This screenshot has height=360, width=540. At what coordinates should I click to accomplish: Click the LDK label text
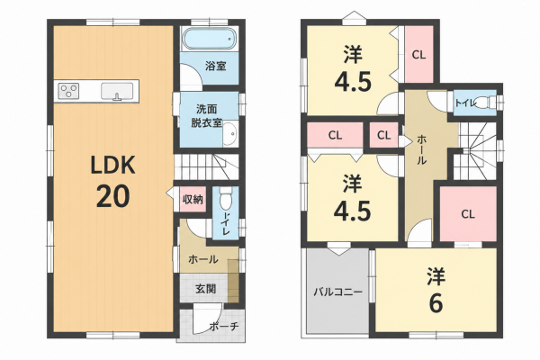tap(112, 165)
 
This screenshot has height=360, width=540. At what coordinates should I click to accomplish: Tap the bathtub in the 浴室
tap(210, 39)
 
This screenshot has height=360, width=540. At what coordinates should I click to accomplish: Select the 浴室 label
tap(216, 66)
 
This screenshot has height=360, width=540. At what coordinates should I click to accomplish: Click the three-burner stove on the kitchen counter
tap(68, 91)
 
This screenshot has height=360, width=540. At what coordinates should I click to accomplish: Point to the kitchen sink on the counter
tap(117, 91)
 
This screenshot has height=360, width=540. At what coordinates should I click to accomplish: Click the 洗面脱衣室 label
tap(206, 116)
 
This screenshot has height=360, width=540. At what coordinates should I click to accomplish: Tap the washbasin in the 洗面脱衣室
tap(229, 133)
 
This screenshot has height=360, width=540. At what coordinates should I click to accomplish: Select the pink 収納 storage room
tap(193, 199)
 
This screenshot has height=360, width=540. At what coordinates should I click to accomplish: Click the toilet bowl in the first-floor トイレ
tap(226, 199)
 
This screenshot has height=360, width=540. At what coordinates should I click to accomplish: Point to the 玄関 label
tap(206, 289)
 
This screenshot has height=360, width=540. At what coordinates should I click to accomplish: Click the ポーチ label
tap(223, 326)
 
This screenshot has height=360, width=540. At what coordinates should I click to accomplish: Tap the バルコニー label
tap(337, 292)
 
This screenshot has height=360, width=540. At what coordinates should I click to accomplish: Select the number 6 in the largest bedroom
tap(436, 304)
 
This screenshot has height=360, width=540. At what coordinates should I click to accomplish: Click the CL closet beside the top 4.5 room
tap(418, 54)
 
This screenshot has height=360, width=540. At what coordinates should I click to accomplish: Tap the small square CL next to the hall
tap(383, 135)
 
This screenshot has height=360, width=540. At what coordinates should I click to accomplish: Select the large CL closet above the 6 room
tap(468, 214)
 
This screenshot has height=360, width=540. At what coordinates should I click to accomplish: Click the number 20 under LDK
tap(113, 196)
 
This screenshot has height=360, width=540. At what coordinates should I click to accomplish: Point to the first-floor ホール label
tap(202, 259)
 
